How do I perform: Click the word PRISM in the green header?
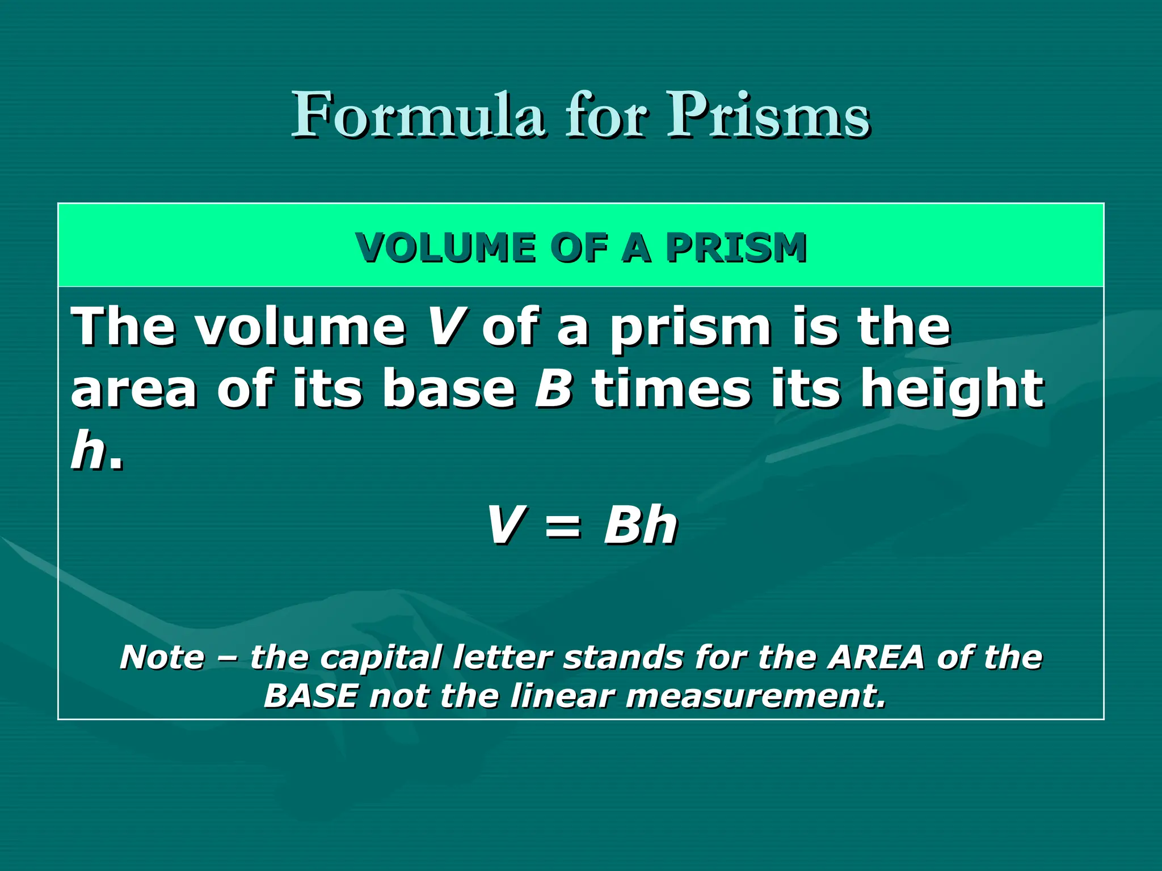pos(736,248)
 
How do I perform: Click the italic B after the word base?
pos(554,388)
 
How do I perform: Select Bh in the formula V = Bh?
pos(641,525)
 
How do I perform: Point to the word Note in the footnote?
pos(162,657)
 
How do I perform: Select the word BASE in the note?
pos(311,696)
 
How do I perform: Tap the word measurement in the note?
pos(756,696)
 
